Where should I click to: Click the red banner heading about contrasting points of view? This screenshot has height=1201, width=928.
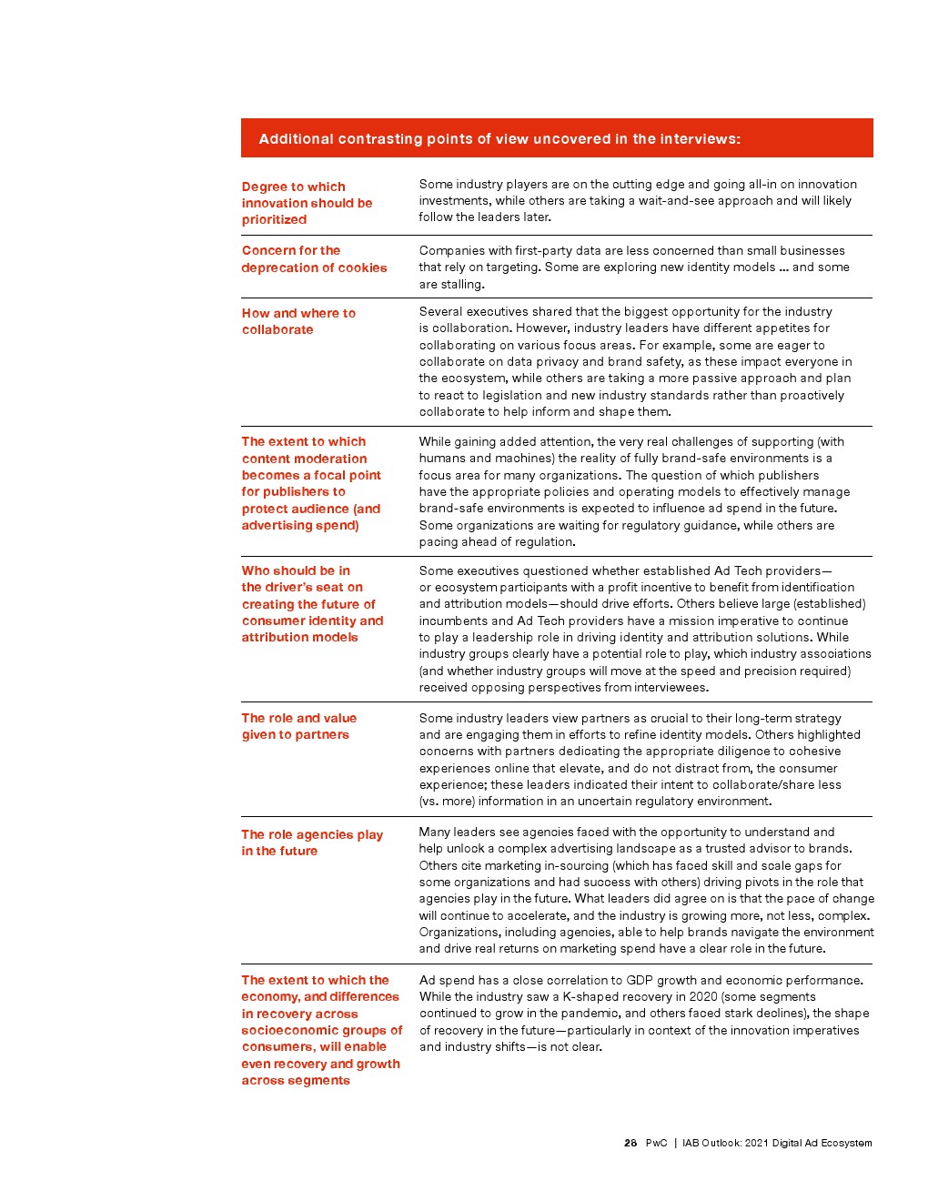pos(499,139)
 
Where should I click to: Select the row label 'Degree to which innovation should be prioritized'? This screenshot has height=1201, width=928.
pos(307,203)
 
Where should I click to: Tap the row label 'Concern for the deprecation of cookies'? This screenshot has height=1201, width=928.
pos(314,259)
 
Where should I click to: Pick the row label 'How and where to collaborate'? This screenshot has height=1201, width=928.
pos(298,321)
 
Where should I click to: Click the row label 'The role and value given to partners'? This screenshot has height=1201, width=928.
pos(298,726)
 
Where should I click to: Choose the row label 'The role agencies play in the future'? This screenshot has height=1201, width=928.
pos(311,843)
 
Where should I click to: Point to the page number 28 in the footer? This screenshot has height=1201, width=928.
pos(630,1143)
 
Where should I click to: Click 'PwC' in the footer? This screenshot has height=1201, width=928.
pos(656,1143)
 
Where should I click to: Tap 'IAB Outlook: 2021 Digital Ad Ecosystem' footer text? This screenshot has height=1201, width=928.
pos(777,1143)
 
